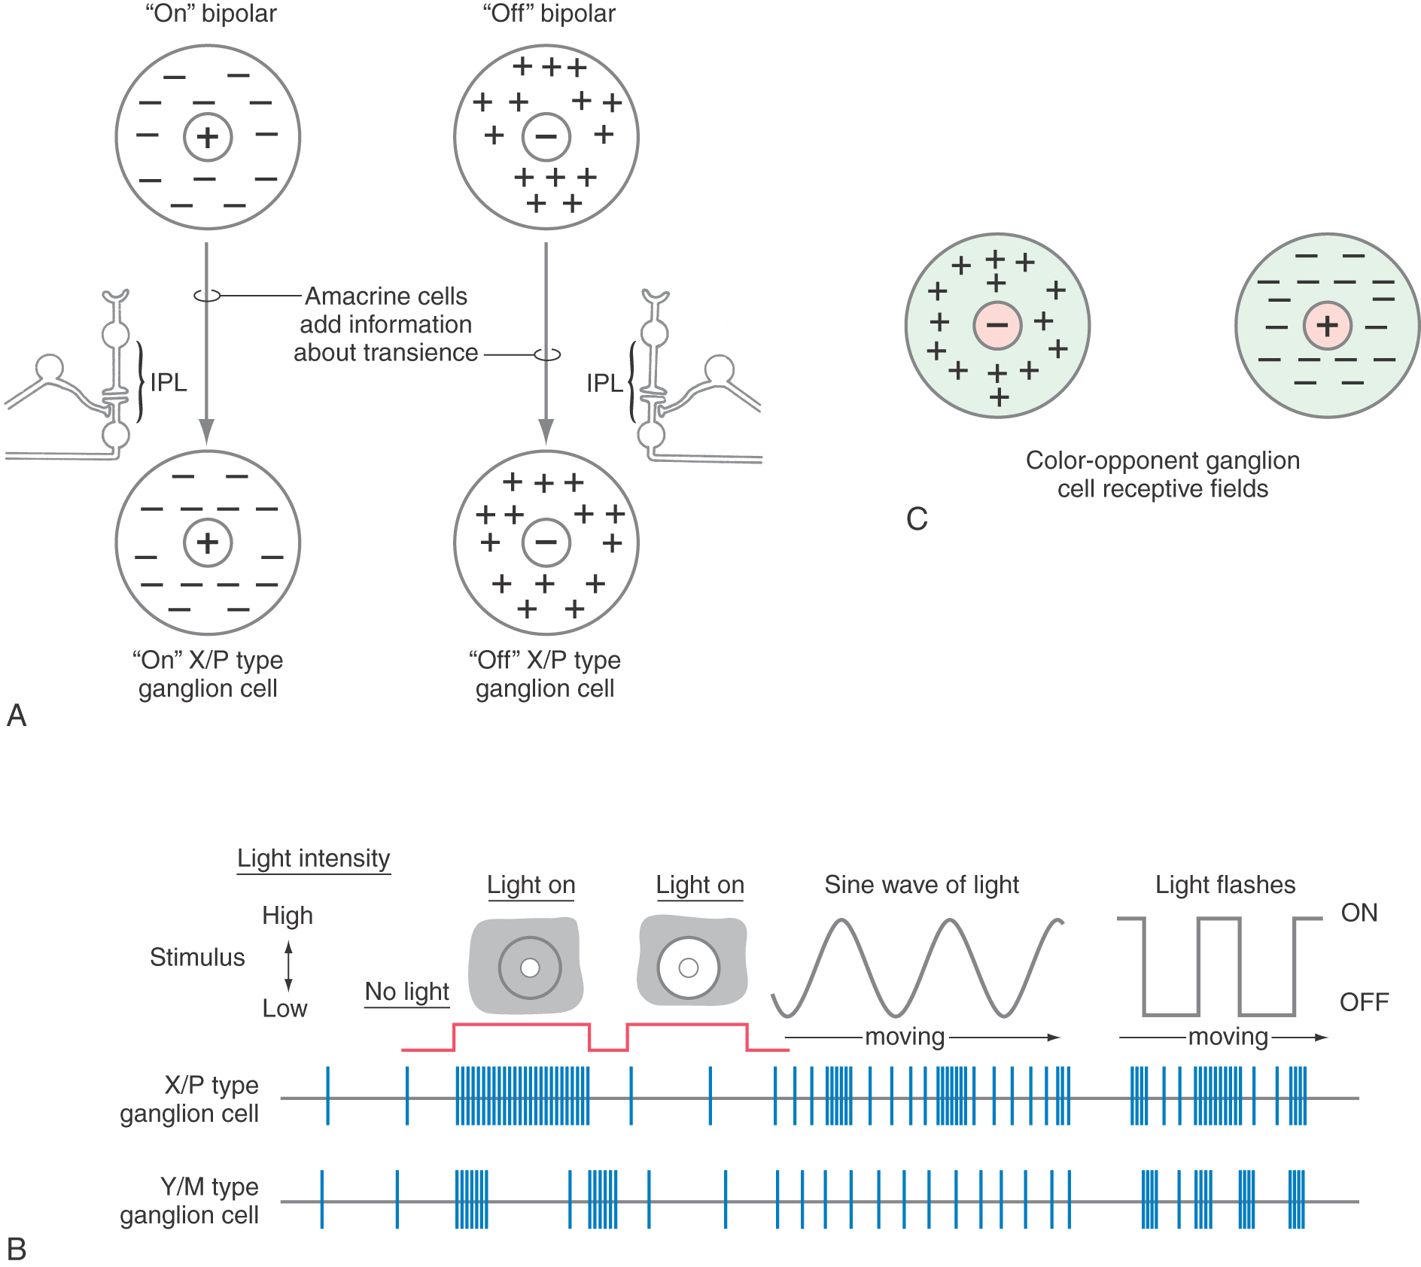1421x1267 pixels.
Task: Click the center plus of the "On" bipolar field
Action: click(x=208, y=137)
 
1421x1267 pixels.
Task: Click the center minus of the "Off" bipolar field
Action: click(x=546, y=137)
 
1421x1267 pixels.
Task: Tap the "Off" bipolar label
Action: click(x=549, y=14)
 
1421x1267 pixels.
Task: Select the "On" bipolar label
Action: click(x=211, y=14)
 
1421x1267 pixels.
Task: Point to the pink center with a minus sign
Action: click(x=997, y=325)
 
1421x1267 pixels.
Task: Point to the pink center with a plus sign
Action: click(x=1328, y=325)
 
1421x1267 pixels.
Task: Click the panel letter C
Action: click(x=917, y=519)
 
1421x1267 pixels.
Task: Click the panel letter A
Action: click(x=17, y=715)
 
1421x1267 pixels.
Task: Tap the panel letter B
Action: click(x=17, y=1249)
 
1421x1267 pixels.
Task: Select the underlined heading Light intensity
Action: click(x=313, y=858)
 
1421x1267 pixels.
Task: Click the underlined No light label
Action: click(x=406, y=992)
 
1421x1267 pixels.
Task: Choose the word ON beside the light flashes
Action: click(x=1359, y=913)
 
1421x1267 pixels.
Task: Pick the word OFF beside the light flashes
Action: click(x=1364, y=1002)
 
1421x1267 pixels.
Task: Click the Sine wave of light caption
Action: click(x=921, y=885)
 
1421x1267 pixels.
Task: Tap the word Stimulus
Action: click(x=197, y=957)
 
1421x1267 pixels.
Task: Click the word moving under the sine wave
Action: click(x=905, y=1037)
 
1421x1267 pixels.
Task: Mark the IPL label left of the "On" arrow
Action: click(x=169, y=382)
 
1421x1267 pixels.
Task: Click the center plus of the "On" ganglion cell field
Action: click(x=208, y=542)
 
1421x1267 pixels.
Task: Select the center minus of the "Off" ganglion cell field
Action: click(x=546, y=542)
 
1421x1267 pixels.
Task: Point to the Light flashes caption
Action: click(x=1225, y=885)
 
